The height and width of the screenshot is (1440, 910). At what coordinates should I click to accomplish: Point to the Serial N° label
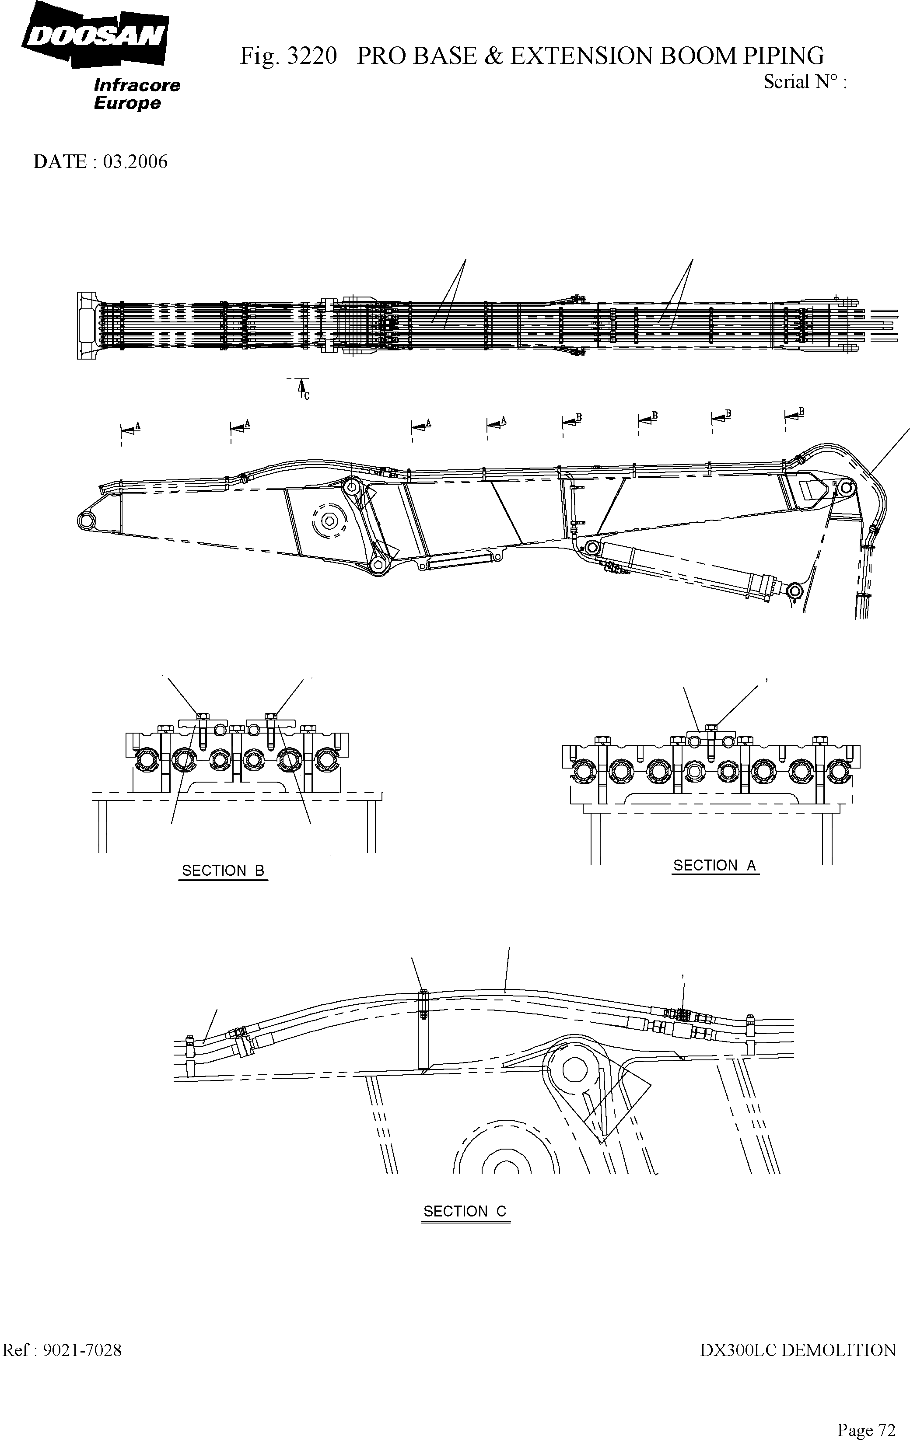(804, 82)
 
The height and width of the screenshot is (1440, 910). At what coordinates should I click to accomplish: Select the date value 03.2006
(135, 161)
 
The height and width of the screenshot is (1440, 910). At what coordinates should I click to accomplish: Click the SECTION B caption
(223, 871)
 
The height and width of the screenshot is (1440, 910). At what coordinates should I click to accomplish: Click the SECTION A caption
(715, 865)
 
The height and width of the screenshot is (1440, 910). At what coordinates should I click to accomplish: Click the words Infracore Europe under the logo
(136, 94)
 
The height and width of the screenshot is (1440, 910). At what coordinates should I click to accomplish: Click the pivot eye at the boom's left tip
(86, 520)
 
